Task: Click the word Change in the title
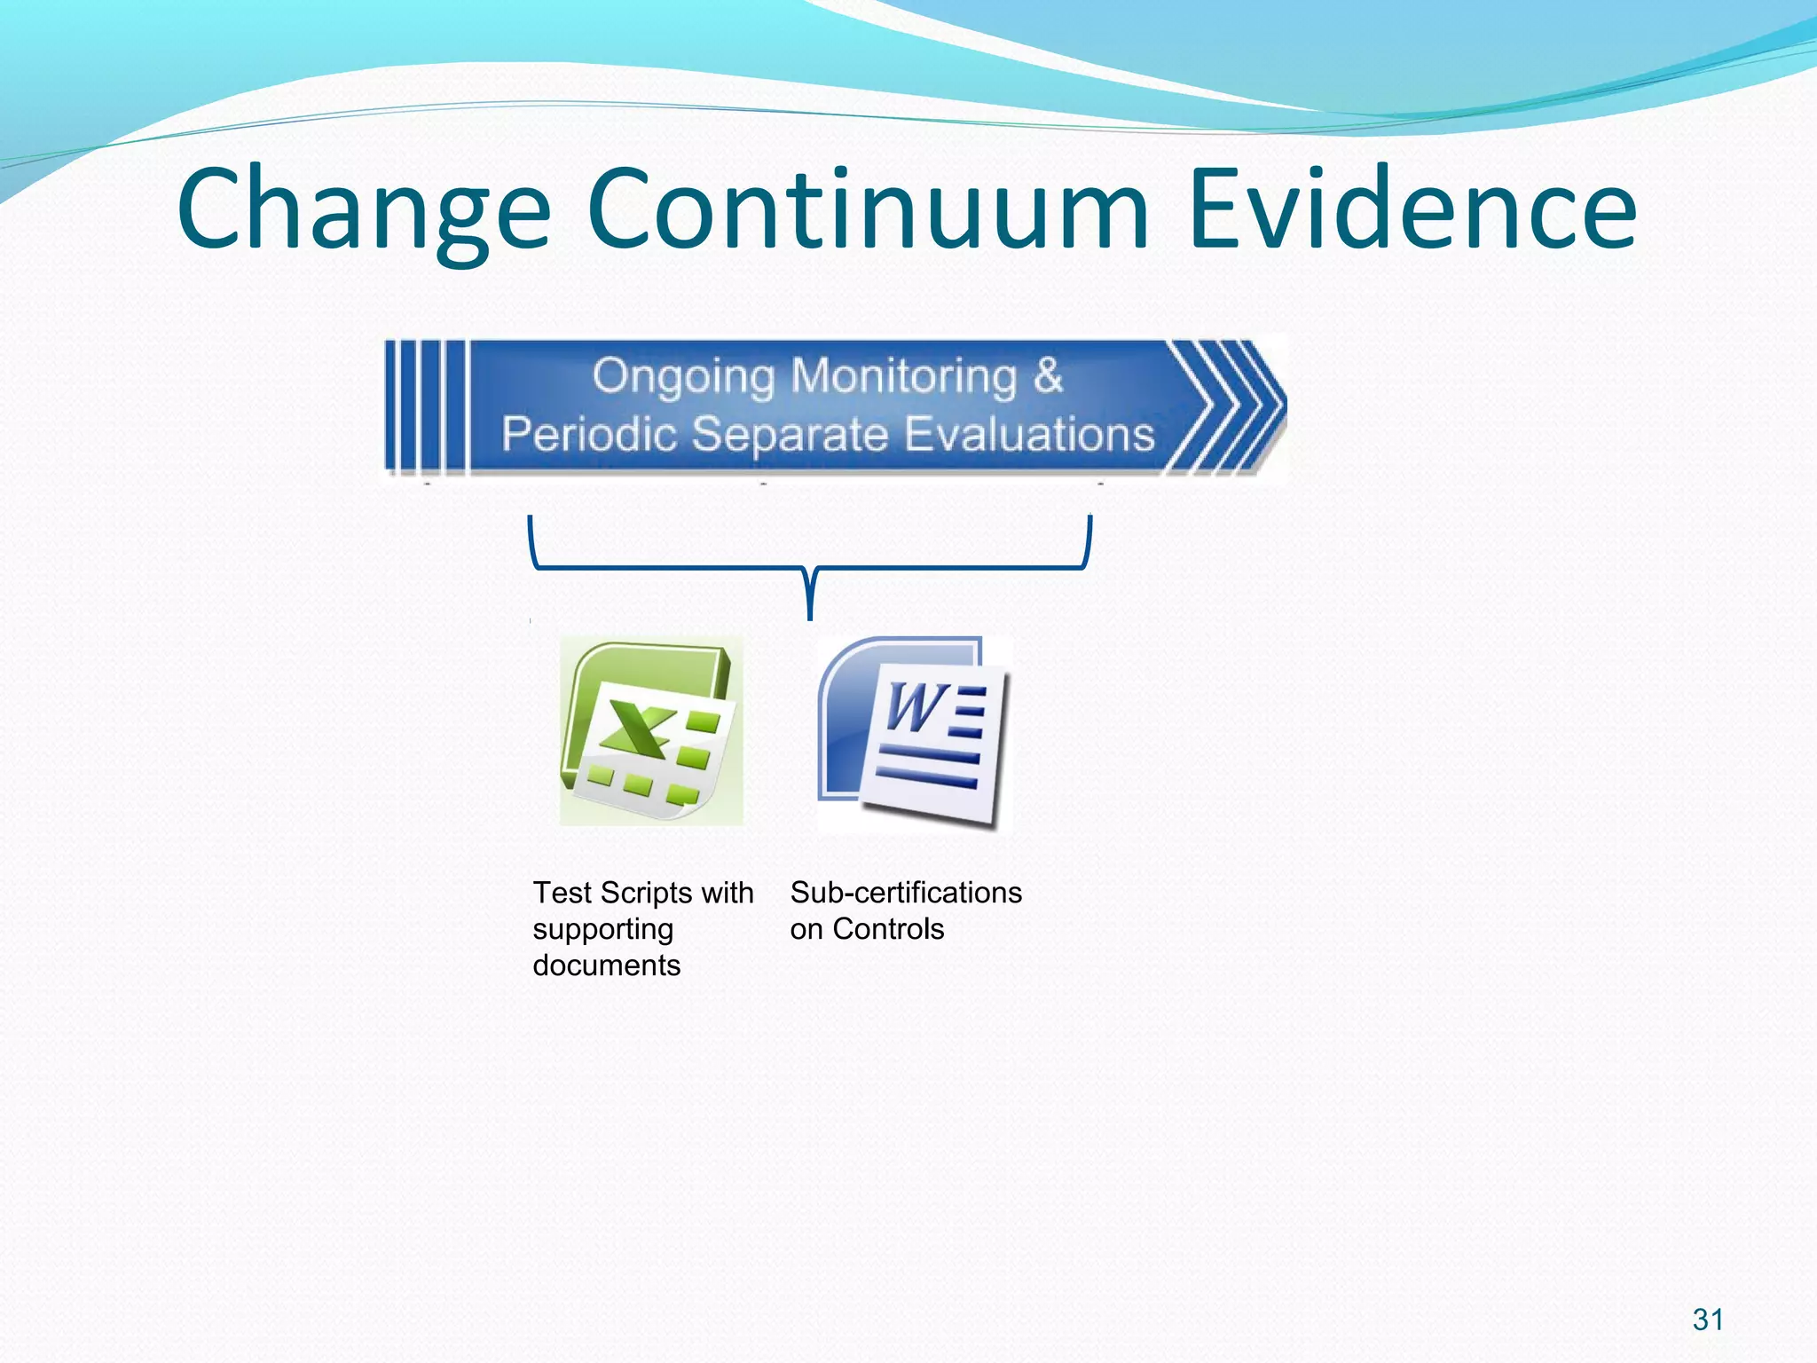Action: pos(364,211)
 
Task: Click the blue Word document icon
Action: pos(914,733)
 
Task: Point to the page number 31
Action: pos(1708,1320)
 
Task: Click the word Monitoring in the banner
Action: pos(904,376)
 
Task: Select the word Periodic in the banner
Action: pos(588,435)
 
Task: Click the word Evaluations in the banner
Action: pos(1029,435)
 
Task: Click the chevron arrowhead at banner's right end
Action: pos(1229,406)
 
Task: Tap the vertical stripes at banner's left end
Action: pos(425,406)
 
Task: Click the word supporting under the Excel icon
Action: pos(602,929)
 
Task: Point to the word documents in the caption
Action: pos(606,965)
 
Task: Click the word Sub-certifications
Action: pos(906,893)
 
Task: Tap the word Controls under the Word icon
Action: pos(888,929)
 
